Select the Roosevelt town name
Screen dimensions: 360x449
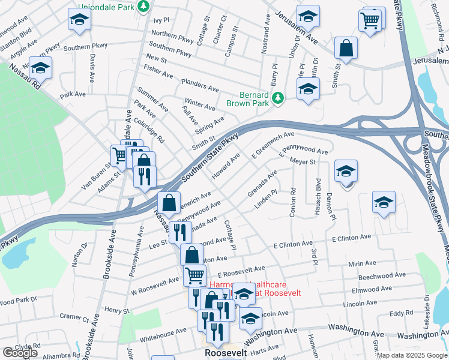224,353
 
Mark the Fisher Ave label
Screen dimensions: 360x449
158,73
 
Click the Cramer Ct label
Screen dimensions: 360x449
75,317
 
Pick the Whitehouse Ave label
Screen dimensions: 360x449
163,333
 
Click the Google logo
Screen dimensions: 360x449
20,353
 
